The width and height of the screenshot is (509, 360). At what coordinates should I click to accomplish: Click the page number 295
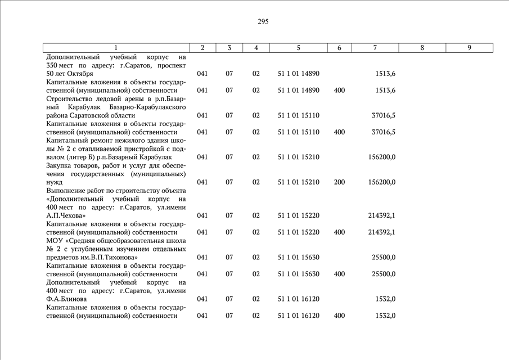coord(263,22)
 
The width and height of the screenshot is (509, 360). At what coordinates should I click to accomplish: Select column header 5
coord(299,48)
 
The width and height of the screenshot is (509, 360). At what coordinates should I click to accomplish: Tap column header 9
coord(469,48)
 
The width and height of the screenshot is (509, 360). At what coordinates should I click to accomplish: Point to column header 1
coord(116,48)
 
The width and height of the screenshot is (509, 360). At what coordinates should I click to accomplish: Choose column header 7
coord(375,48)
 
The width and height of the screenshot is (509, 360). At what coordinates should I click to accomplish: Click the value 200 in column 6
coord(339,182)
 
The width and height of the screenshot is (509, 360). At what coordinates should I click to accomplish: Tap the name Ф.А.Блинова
coord(67,299)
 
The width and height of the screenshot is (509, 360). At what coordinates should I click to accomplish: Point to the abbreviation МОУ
coord(56,241)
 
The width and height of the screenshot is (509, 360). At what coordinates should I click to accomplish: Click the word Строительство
coord(71,99)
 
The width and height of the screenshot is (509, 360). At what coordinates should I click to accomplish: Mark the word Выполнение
coord(67,191)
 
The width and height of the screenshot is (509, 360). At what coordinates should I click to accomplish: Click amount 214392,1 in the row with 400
coord(381,232)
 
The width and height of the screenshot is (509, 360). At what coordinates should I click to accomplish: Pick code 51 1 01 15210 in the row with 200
coord(299,182)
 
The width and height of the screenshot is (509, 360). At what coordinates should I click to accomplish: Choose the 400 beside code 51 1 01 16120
coord(339,316)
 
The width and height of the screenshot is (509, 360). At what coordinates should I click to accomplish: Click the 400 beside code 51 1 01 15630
coord(339,274)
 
